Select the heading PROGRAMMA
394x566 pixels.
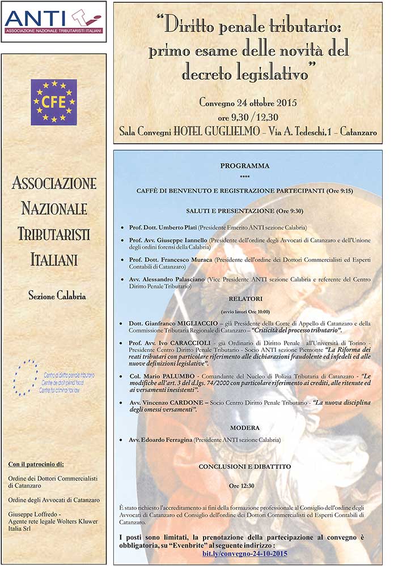click(244, 166)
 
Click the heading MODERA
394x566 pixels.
click(244, 427)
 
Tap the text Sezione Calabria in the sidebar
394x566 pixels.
click(54, 295)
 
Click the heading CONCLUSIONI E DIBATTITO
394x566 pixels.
click(244, 466)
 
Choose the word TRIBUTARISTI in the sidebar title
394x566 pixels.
click(54, 234)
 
